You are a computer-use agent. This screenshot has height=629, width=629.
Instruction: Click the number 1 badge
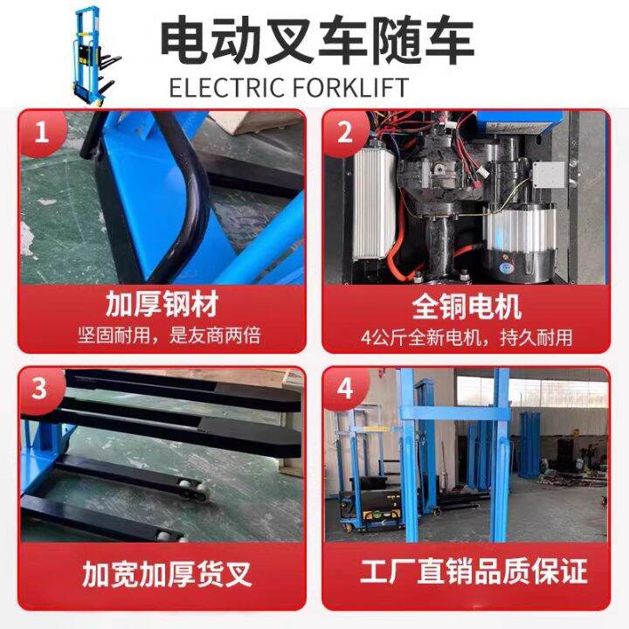pyautogui.click(x=39, y=133)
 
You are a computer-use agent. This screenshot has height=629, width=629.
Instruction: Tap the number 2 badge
pyautogui.click(x=346, y=133)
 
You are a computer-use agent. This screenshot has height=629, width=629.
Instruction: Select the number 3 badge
pyautogui.click(x=39, y=388)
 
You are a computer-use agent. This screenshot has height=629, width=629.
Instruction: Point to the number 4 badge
pyautogui.click(x=346, y=388)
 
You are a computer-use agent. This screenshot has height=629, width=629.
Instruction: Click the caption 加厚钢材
pyautogui.click(x=162, y=306)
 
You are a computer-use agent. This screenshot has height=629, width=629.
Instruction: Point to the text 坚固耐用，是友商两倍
pyautogui.click(x=162, y=335)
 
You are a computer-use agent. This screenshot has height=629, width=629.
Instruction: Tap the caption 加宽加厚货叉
pyautogui.click(x=166, y=574)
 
